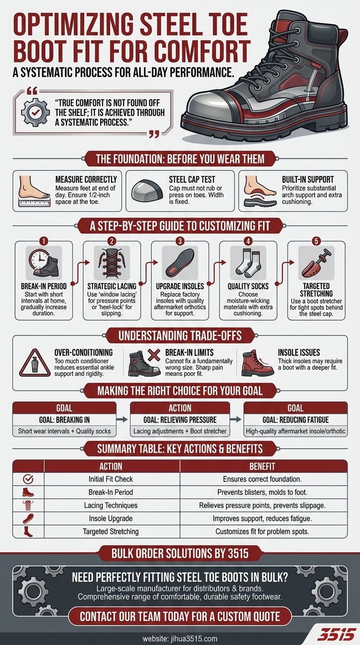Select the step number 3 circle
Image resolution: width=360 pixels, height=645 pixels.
coord(180,241)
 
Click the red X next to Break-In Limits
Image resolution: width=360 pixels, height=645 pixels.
coord(154,355)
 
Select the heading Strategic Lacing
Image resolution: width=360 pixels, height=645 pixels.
coord(112,286)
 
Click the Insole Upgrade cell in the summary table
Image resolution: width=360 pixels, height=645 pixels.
coord(111,518)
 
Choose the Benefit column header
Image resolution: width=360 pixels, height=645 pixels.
coord(262,466)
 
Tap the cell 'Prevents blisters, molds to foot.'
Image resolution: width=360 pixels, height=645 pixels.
coord(262,492)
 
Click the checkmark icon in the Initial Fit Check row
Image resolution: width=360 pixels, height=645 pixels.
coord(28,479)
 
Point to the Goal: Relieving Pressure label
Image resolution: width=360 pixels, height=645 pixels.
coord(180,420)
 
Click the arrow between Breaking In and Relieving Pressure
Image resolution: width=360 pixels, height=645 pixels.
coord(122,420)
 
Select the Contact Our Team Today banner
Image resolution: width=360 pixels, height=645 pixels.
coord(180,616)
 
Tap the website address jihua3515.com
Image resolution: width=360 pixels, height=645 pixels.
coord(180,638)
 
